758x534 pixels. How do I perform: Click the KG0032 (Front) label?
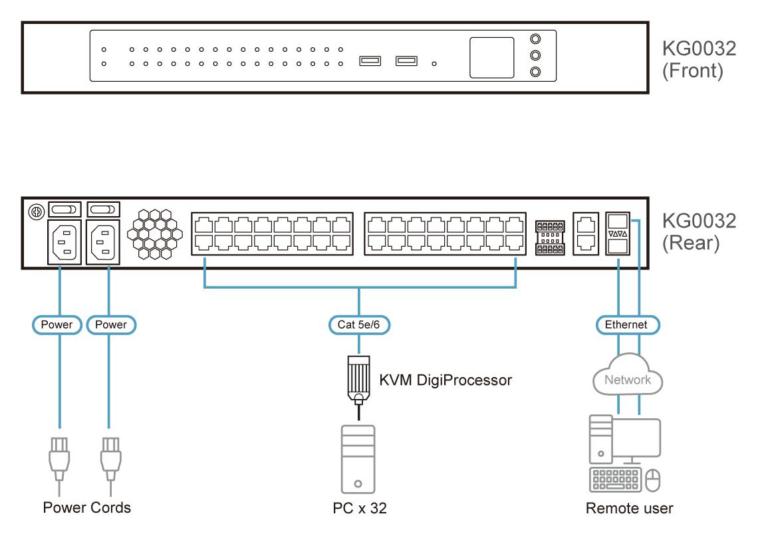699,59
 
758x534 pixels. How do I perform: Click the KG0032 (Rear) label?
699,231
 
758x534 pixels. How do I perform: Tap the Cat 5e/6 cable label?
358,325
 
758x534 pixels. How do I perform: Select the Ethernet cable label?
627,325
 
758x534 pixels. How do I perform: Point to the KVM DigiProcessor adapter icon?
358,380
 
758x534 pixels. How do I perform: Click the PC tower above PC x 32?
358,459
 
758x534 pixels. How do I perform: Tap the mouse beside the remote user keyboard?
653,479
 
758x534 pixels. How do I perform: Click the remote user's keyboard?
616,479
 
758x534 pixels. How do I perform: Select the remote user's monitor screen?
636,438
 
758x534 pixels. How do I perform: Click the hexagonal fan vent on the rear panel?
155,234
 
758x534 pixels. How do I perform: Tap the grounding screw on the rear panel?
37,212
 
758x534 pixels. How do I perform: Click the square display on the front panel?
491,58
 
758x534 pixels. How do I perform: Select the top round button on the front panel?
535,39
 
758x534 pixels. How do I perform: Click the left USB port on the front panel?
370,61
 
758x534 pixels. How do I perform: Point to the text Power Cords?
87,507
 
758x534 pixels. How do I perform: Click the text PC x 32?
360,508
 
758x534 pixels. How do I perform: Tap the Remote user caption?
630,508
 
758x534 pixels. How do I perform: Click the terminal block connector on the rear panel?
550,237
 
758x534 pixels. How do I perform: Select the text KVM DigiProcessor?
445,380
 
